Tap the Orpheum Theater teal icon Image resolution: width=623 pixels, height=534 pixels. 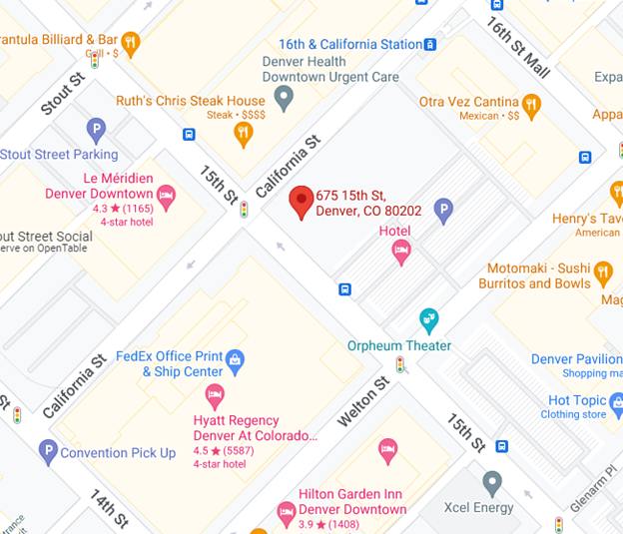point(429,320)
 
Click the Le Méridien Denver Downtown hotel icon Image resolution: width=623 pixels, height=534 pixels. point(166,193)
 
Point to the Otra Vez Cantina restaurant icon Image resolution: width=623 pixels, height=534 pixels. point(532,102)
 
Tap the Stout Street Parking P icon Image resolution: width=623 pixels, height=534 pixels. point(96,129)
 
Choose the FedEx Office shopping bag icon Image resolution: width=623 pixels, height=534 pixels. point(235,357)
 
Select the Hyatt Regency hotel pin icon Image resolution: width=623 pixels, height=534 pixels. point(215,394)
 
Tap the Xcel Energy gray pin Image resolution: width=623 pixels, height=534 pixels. point(491,483)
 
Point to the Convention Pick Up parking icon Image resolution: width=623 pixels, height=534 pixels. point(47,452)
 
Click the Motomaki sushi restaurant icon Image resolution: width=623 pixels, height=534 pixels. point(603,269)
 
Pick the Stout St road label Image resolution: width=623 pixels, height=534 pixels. point(63,93)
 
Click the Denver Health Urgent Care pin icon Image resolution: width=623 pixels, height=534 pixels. point(285,98)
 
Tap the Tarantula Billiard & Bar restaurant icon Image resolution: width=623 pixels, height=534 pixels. point(130,42)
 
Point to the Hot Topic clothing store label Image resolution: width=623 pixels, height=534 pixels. point(574,400)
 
